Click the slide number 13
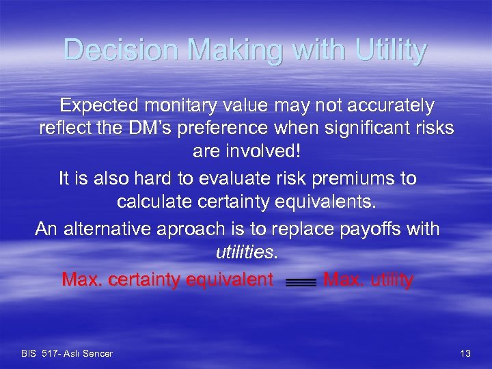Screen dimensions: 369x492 coord(466,353)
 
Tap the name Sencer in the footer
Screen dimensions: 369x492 coord(98,353)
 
